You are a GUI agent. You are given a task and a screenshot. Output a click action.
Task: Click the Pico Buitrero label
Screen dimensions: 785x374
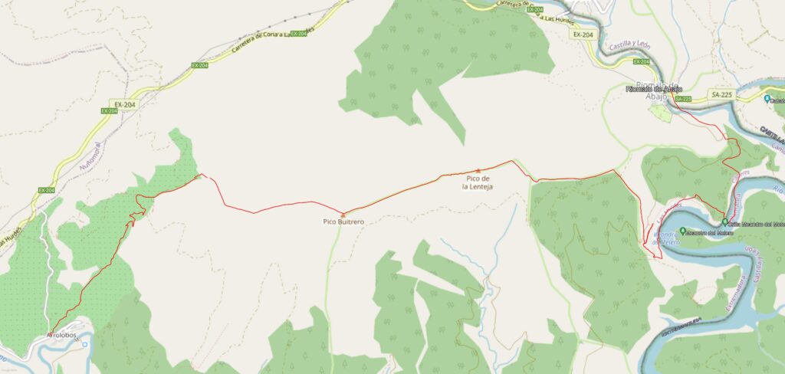pos(343,221)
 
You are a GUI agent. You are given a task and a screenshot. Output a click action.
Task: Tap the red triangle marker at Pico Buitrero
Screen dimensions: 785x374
pos(343,213)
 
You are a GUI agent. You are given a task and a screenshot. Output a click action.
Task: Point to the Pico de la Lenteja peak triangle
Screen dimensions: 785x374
pos(478,171)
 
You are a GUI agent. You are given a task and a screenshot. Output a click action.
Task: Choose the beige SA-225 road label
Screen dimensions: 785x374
pos(721,93)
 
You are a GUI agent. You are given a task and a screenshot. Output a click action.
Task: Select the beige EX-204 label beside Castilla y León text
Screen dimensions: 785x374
pos(583,34)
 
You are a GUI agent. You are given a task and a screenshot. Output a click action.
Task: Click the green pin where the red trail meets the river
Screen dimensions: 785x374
pos(724,222)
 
